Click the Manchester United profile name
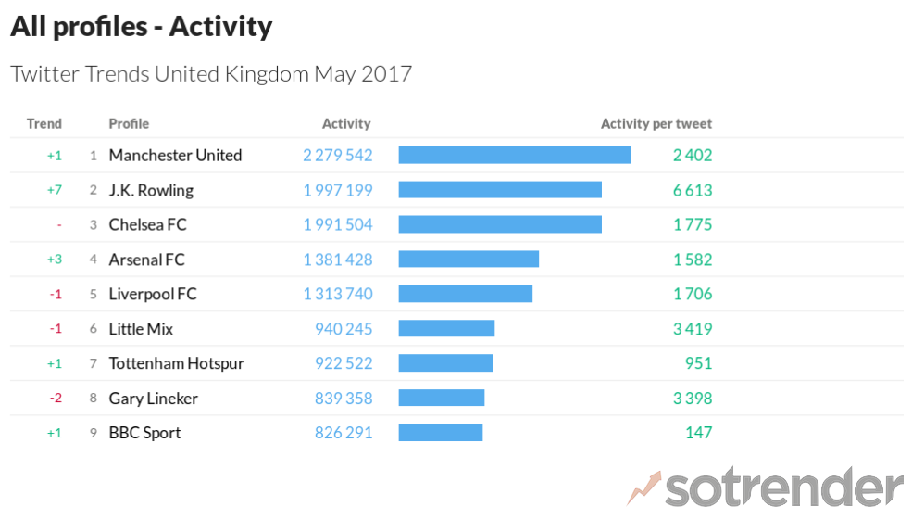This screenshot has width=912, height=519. click(x=175, y=156)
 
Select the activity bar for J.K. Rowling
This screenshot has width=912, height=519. click(x=500, y=190)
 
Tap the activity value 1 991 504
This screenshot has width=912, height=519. click(x=337, y=225)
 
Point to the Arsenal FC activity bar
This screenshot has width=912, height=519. click(x=468, y=259)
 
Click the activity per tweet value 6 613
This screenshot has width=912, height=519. click(x=692, y=190)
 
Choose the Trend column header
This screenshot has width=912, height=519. click(x=44, y=124)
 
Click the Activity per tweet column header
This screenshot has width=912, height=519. click(x=656, y=124)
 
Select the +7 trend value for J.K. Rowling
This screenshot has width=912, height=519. click(x=55, y=190)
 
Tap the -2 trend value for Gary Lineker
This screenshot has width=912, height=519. click(x=55, y=399)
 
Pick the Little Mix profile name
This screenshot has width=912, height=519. click(x=141, y=329)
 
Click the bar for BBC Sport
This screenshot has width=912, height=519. click(x=441, y=433)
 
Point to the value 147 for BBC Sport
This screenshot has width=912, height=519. click(x=699, y=433)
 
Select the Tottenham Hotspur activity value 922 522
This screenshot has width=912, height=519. click(x=343, y=363)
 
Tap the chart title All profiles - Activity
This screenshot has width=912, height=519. click(x=141, y=27)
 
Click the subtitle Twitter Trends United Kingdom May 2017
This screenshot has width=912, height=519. click(x=210, y=74)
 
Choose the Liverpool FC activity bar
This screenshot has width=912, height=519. click(x=465, y=294)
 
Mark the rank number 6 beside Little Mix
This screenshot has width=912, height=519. click(x=93, y=329)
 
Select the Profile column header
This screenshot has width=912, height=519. click(x=129, y=124)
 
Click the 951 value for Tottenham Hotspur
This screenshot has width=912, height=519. click(x=698, y=363)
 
